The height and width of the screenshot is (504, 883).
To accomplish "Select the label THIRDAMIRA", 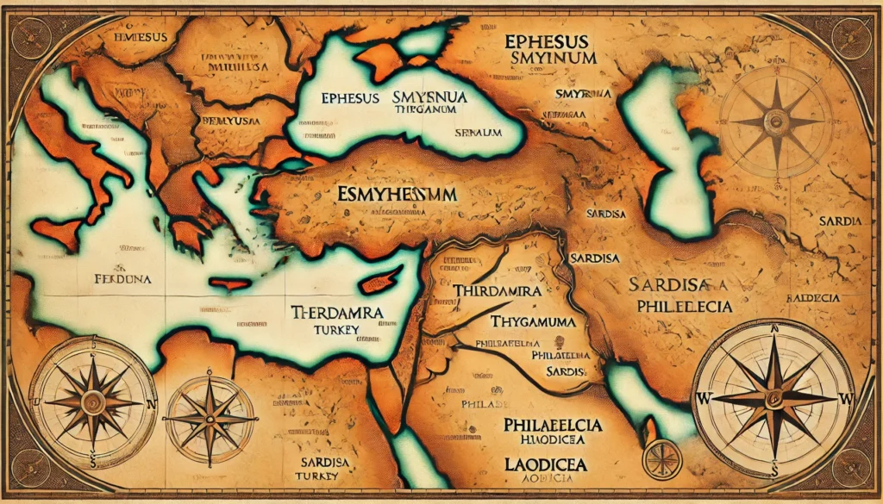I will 496,291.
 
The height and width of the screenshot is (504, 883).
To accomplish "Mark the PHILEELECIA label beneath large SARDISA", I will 681,306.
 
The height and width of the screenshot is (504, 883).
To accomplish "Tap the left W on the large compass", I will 702,399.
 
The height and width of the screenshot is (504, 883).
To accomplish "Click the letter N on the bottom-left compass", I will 153,402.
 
